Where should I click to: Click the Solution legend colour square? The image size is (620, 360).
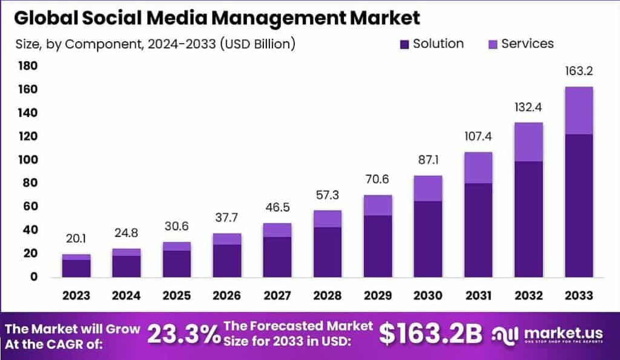tap(404, 44)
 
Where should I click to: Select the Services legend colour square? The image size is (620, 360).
tap(492, 44)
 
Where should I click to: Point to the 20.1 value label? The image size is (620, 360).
tap(76, 240)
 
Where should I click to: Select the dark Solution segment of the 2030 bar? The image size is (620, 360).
tap(429, 239)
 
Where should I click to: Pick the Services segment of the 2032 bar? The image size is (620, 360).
tap(528, 142)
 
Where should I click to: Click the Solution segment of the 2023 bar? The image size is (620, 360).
tap(76, 268)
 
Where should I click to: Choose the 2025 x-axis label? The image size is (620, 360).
tap(176, 295)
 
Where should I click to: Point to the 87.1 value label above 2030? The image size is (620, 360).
tap(429, 161)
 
